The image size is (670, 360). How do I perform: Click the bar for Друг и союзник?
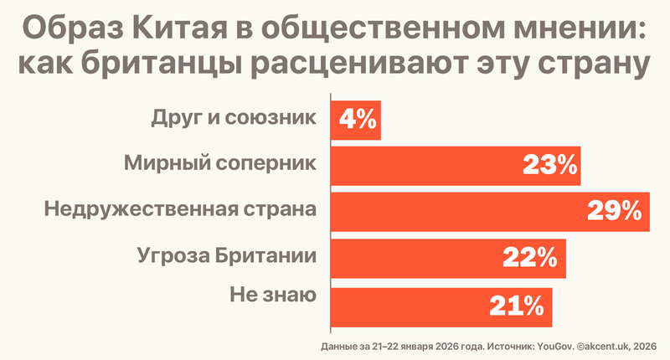coord(356,120)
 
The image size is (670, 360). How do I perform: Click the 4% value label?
coord(358,120)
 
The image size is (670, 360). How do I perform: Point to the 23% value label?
coord(550,165)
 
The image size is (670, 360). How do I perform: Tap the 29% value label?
coord(620,210)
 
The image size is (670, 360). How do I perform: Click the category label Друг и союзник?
coord(234,118)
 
